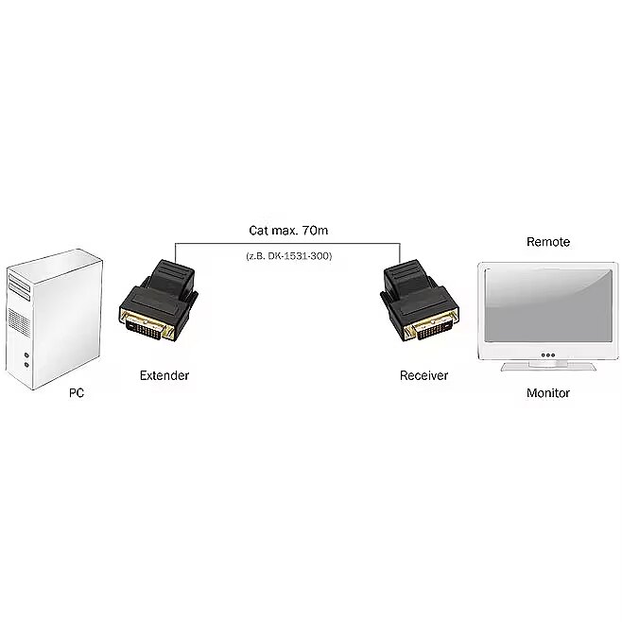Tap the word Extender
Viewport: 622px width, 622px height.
coord(164,375)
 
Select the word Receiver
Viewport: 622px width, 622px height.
coord(423,375)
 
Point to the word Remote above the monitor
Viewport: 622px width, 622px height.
coord(548,242)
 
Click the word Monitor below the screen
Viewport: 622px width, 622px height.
coord(548,392)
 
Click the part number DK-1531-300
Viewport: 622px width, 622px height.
coord(297,255)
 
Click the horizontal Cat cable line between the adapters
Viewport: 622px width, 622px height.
coord(284,243)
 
